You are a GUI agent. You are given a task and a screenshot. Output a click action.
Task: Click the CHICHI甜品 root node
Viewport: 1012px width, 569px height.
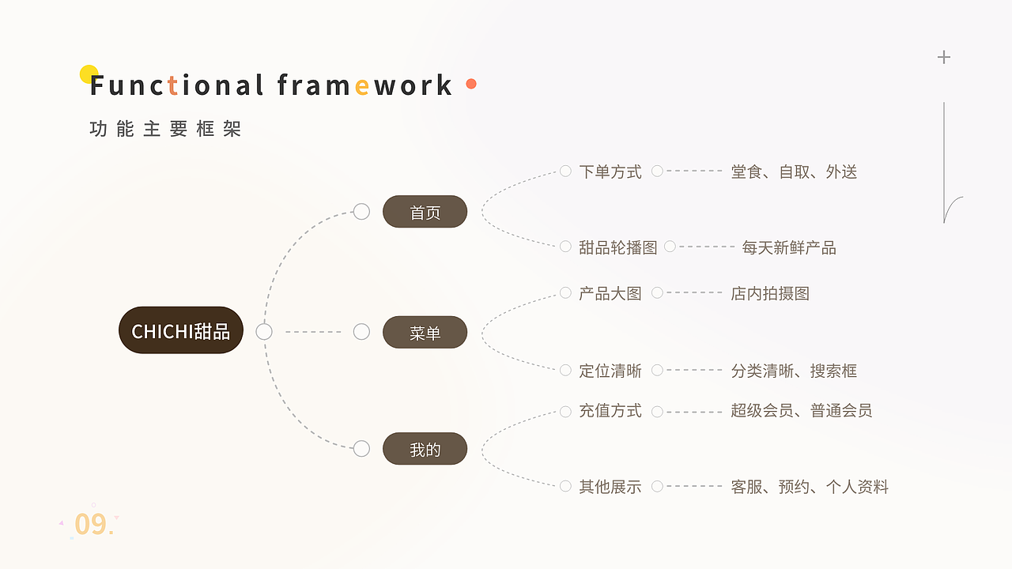pyautogui.click(x=180, y=330)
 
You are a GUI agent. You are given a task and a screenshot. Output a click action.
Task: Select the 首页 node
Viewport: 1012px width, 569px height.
pyautogui.click(x=425, y=213)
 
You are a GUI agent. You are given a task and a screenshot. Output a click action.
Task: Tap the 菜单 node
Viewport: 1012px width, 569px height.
pyautogui.click(x=425, y=333)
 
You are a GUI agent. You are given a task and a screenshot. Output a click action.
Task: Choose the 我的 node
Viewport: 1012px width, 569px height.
pyautogui.click(x=425, y=450)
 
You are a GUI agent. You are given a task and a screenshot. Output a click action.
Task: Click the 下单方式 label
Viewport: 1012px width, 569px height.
pyautogui.click(x=610, y=171)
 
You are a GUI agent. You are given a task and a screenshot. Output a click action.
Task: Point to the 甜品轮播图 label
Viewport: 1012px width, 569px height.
pyautogui.click(x=617, y=247)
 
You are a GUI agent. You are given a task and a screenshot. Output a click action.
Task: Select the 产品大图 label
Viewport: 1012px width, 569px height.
pyautogui.click(x=610, y=293)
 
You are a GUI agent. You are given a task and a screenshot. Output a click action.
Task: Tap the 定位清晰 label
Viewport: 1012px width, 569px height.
pyautogui.click(x=610, y=371)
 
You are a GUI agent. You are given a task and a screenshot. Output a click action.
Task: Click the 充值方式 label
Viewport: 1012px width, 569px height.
pyautogui.click(x=610, y=411)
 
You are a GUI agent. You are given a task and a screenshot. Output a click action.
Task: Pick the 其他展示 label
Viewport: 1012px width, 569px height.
pyautogui.click(x=610, y=487)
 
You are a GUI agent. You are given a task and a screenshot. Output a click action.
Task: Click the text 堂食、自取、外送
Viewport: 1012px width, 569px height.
pyautogui.click(x=794, y=171)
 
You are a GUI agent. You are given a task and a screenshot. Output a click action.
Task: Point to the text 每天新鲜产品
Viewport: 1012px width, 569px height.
pyautogui.click(x=789, y=247)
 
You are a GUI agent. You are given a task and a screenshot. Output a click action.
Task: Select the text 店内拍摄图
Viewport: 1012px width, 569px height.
pyautogui.click(x=770, y=293)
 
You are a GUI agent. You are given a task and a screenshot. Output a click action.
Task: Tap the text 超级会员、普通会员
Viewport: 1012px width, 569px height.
pyautogui.click(x=802, y=411)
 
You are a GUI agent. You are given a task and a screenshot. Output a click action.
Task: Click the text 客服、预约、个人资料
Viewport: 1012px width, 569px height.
pyautogui.click(x=810, y=487)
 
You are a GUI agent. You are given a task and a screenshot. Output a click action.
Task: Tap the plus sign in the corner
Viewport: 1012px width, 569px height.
pyautogui.click(x=943, y=57)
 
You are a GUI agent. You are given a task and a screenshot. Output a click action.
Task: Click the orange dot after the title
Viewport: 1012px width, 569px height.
pyautogui.click(x=471, y=84)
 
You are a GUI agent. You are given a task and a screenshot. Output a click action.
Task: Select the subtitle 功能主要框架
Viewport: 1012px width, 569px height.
pyautogui.click(x=165, y=129)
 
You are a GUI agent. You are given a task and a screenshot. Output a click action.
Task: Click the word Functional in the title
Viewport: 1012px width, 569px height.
pyautogui.click(x=176, y=85)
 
